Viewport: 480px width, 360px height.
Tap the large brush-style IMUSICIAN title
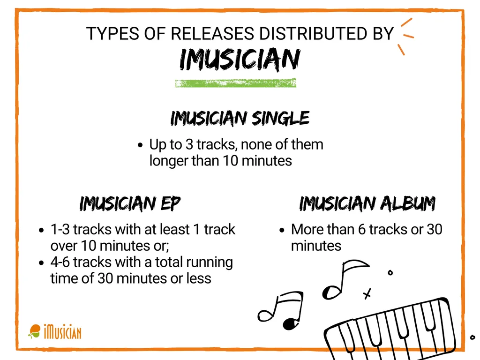240,60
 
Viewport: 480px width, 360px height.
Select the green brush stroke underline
236,83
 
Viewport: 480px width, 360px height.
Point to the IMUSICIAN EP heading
130,204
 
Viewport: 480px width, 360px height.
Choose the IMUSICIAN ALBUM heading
367,204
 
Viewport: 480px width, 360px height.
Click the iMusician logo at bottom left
55,332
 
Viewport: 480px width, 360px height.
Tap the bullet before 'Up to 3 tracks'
140,145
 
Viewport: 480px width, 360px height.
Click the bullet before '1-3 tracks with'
41,230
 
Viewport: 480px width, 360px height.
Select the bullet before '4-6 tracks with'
41,262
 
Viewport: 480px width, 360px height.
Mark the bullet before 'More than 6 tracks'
282,230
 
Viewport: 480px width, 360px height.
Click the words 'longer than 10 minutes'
220,161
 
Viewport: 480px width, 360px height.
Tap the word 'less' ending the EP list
200,278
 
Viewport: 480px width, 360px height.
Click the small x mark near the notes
367,294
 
